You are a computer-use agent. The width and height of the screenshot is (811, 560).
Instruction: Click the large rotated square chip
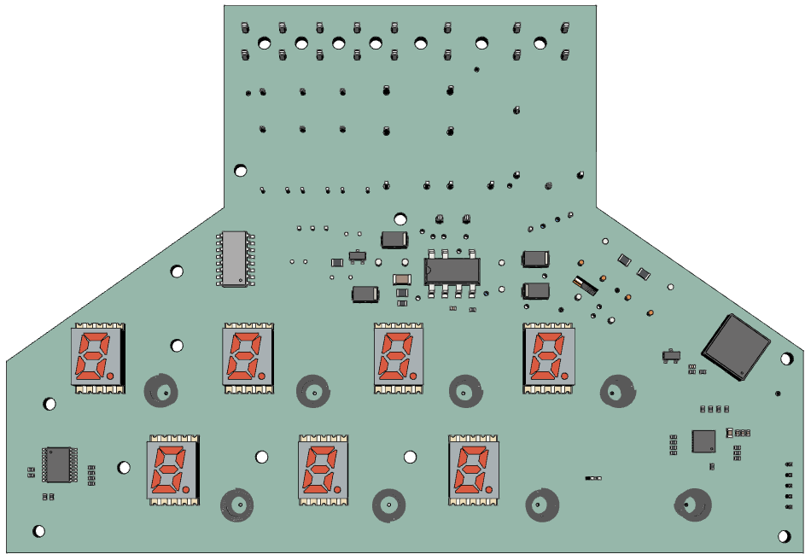(736, 346)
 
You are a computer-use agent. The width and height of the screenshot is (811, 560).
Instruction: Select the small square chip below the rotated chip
(703, 440)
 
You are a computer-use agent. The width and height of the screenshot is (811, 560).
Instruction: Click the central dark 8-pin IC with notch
(452, 271)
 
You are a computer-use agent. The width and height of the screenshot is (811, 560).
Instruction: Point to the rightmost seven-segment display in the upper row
(549, 357)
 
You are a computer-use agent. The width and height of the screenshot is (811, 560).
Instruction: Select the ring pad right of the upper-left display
(161, 392)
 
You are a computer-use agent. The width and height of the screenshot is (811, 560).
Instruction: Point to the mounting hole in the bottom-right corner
(785, 536)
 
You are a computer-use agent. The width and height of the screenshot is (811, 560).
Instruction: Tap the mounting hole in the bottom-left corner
(39, 531)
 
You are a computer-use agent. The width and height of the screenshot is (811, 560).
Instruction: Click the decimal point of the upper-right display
(563, 376)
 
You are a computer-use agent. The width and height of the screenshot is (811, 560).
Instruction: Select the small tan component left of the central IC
(401, 279)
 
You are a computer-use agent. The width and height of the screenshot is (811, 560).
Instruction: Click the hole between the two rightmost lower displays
(410, 458)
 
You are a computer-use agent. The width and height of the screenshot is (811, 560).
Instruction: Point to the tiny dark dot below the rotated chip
(778, 394)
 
